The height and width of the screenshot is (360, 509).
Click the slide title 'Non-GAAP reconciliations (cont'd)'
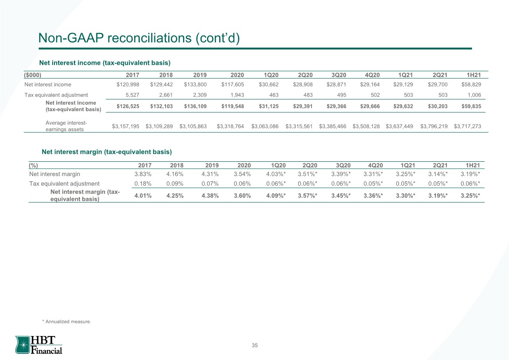(139, 38)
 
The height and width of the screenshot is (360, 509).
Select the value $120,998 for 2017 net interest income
(128, 85)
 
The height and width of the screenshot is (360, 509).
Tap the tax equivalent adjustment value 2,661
(166, 95)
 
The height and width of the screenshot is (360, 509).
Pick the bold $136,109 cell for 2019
(195, 106)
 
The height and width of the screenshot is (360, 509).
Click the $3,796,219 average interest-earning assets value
(434, 126)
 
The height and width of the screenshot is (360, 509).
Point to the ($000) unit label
(32, 75)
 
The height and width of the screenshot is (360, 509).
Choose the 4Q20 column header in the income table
(372, 75)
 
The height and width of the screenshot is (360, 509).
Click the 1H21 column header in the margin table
(473, 165)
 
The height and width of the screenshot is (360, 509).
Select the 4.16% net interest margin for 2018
(175, 174)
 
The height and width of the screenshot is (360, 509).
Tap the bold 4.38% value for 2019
(210, 195)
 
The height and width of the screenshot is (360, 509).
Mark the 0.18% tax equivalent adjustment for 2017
(143, 183)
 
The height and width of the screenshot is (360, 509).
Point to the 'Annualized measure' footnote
(67, 321)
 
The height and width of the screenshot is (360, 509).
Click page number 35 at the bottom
(255, 345)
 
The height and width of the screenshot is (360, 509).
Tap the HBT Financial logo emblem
(23, 345)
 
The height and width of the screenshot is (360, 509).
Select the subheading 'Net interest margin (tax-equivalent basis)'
(107, 152)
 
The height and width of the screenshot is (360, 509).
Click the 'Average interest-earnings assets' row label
(66, 126)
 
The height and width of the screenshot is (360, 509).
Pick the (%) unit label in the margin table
(34, 165)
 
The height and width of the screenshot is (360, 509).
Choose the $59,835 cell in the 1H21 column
(472, 106)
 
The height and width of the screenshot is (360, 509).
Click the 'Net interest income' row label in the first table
(48, 85)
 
